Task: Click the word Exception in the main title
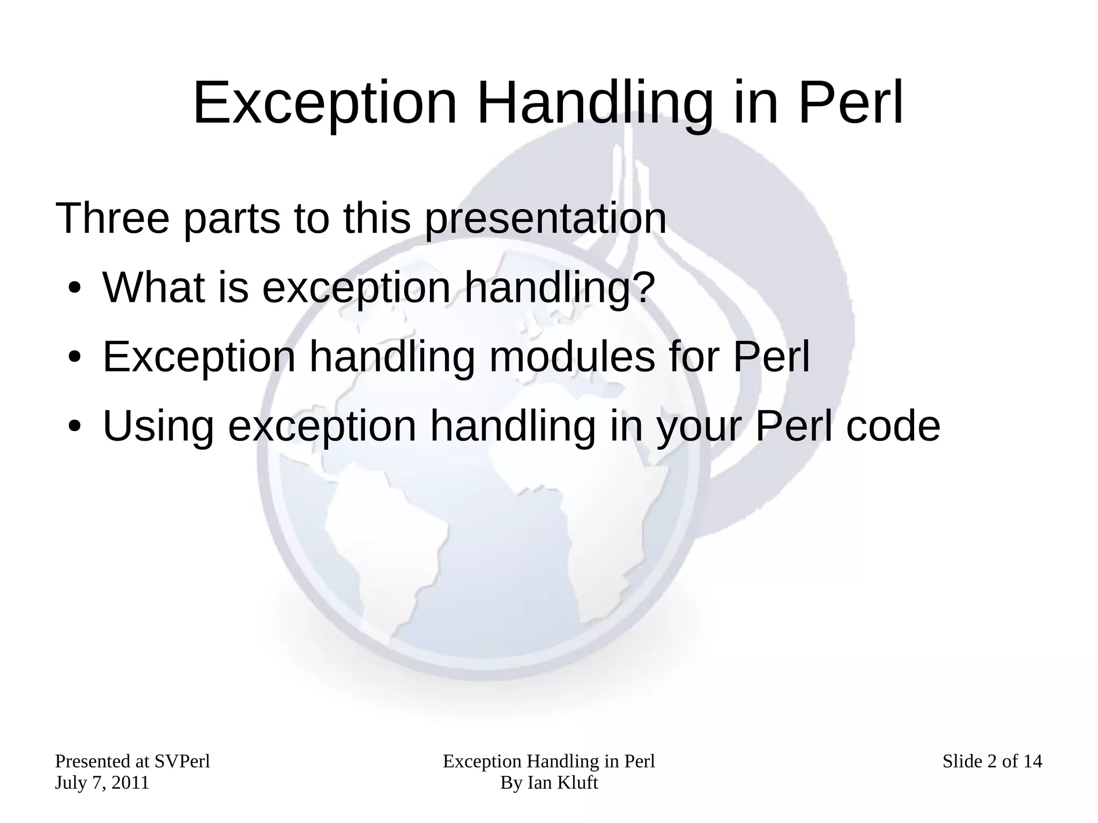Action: point(325,103)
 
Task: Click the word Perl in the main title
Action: point(850,103)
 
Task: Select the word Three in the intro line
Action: point(112,218)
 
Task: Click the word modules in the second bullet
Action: point(572,357)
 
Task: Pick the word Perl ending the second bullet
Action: point(771,357)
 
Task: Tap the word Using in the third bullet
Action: point(158,426)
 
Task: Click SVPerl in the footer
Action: point(182,761)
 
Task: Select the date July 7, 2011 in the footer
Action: point(102,783)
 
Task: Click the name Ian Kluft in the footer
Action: point(562,783)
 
